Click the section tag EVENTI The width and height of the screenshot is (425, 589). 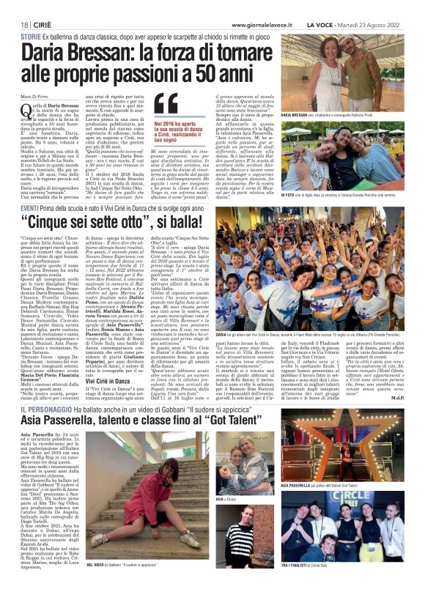click(x=31, y=210)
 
